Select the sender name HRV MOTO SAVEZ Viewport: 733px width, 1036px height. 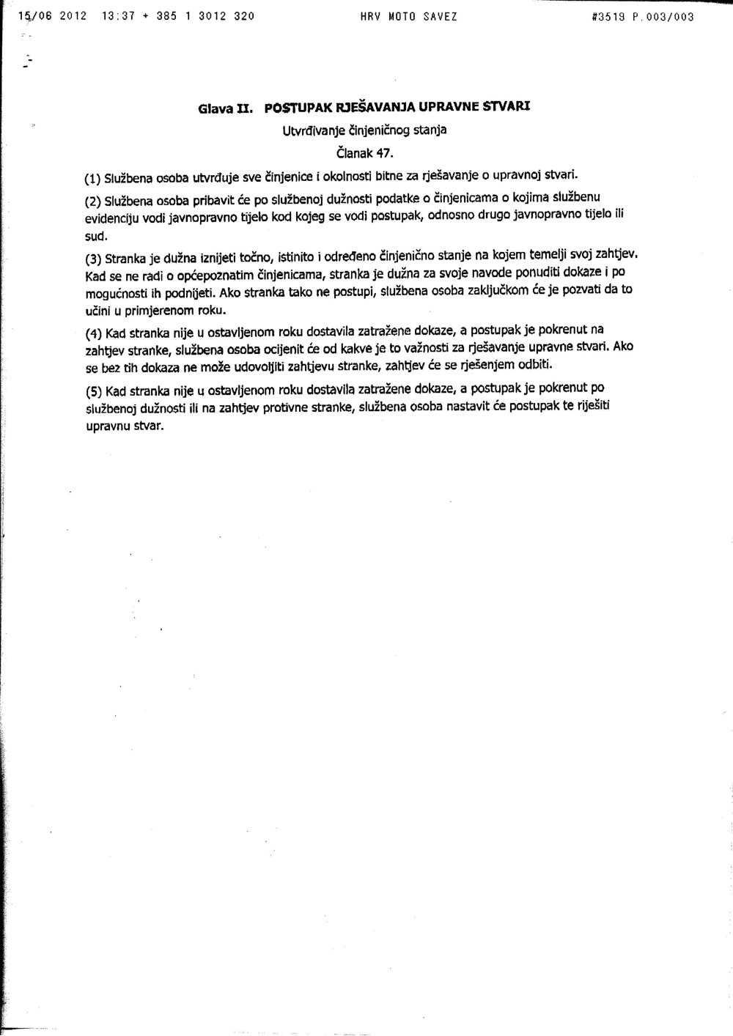408,15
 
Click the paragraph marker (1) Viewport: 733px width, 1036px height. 93,178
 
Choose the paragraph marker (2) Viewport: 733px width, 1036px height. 93,201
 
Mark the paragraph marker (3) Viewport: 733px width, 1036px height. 92,259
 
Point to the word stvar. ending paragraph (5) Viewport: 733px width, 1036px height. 147,425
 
